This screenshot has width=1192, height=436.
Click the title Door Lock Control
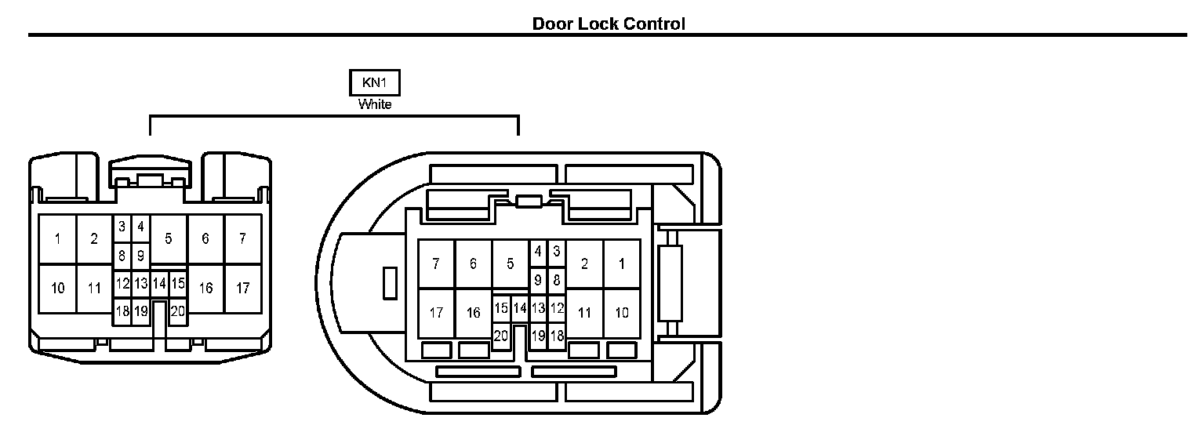[609, 24]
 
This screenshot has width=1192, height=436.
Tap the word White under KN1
[374, 104]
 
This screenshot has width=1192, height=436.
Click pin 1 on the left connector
[57, 238]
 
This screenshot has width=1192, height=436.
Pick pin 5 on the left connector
[169, 238]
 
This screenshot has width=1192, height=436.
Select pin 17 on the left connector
[243, 288]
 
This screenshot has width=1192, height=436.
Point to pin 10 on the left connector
[57, 288]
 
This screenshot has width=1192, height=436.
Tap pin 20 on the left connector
[178, 311]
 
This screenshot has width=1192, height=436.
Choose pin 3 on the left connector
[122, 227]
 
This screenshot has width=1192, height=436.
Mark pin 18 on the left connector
[122, 311]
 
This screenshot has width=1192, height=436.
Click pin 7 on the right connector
[436, 263]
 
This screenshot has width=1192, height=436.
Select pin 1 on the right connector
[622, 263]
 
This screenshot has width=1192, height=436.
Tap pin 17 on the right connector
[436, 313]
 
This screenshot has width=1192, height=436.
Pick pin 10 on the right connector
[622, 313]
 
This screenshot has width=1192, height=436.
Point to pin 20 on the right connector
[501, 336]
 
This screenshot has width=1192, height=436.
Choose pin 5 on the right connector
[511, 263]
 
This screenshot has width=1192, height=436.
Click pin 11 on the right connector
[584, 313]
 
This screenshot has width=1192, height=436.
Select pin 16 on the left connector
[206, 288]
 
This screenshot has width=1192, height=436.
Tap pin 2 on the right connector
[584, 263]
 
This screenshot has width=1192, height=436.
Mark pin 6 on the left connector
[205, 238]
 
